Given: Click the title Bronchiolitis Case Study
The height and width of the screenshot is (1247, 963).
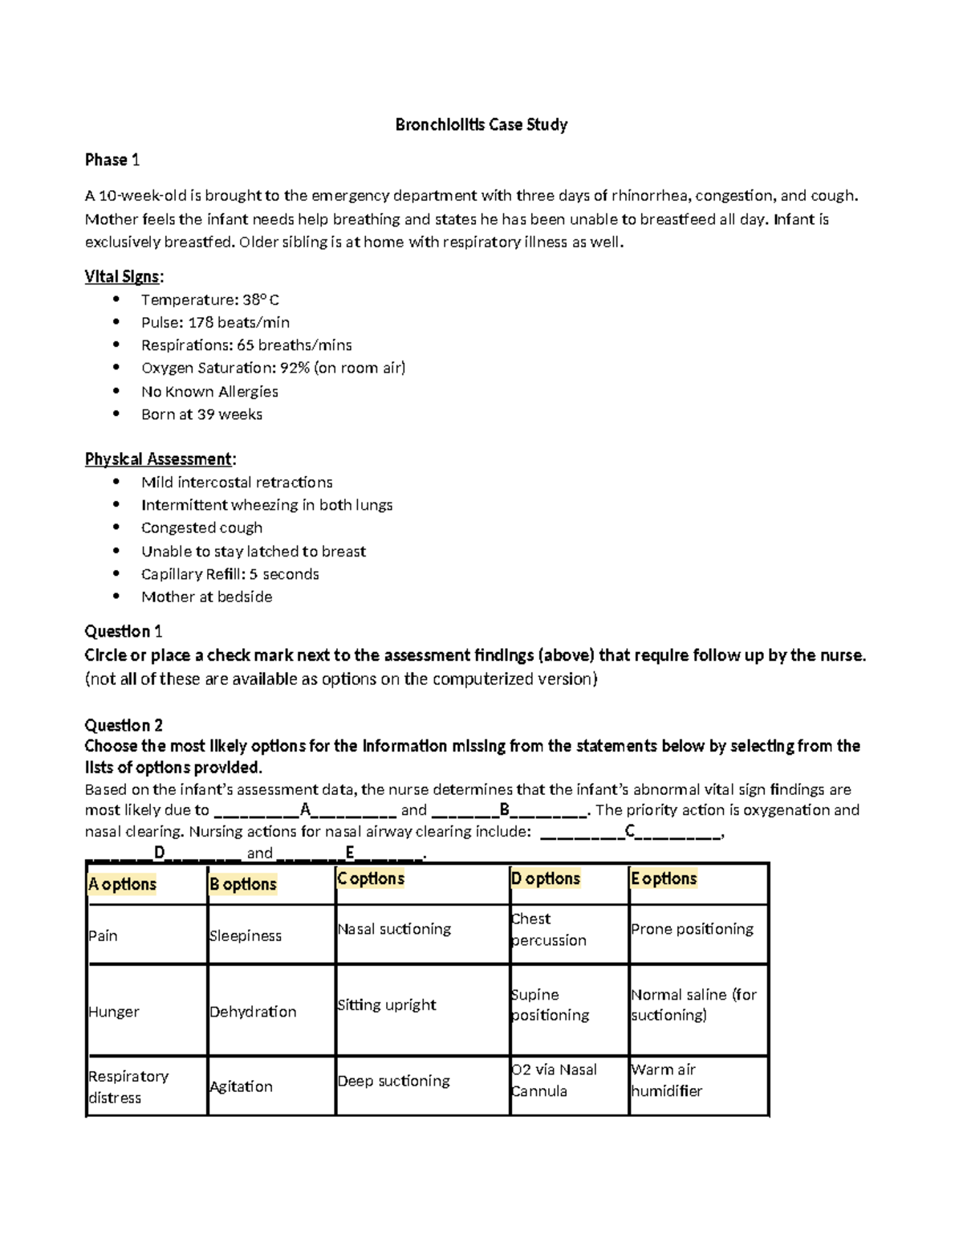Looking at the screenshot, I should click(x=481, y=124).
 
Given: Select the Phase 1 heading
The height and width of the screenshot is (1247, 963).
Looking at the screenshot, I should click(x=112, y=160).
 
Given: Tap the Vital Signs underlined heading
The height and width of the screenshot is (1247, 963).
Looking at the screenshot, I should click(x=123, y=277).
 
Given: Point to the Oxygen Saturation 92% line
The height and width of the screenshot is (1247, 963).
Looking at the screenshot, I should click(x=273, y=368).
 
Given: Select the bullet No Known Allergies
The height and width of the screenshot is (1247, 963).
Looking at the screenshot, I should click(x=209, y=391).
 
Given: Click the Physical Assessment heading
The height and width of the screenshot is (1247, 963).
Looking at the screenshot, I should click(x=159, y=459).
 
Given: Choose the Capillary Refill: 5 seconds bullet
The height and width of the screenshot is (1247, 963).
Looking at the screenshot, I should click(x=230, y=574).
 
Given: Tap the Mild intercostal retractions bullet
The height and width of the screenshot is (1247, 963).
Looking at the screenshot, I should click(x=237, y=482).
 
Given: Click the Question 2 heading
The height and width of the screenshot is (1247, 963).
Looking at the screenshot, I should click(x=124, y=725).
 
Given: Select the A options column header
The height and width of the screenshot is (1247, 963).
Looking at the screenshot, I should click(x=122, y=884).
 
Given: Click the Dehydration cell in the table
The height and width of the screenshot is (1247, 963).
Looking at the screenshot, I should click(x=253, y=1012).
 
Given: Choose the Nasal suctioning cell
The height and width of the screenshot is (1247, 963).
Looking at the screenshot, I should click(x=394, y=929).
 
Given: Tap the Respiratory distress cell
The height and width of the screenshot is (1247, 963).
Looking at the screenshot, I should click(x=128, y=1086).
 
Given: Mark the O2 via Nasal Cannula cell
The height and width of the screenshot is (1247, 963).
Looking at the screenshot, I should click(x=554, y=1080).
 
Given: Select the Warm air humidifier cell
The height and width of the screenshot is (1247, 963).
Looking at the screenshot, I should click(x=666, y=1080).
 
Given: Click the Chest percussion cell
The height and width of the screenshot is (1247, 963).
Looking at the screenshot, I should click(x=548, y=929).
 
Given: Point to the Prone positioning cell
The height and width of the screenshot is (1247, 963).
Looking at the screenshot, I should click(x=692, y=929).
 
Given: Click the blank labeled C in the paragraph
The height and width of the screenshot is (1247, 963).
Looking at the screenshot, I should click(x=631, y=832).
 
